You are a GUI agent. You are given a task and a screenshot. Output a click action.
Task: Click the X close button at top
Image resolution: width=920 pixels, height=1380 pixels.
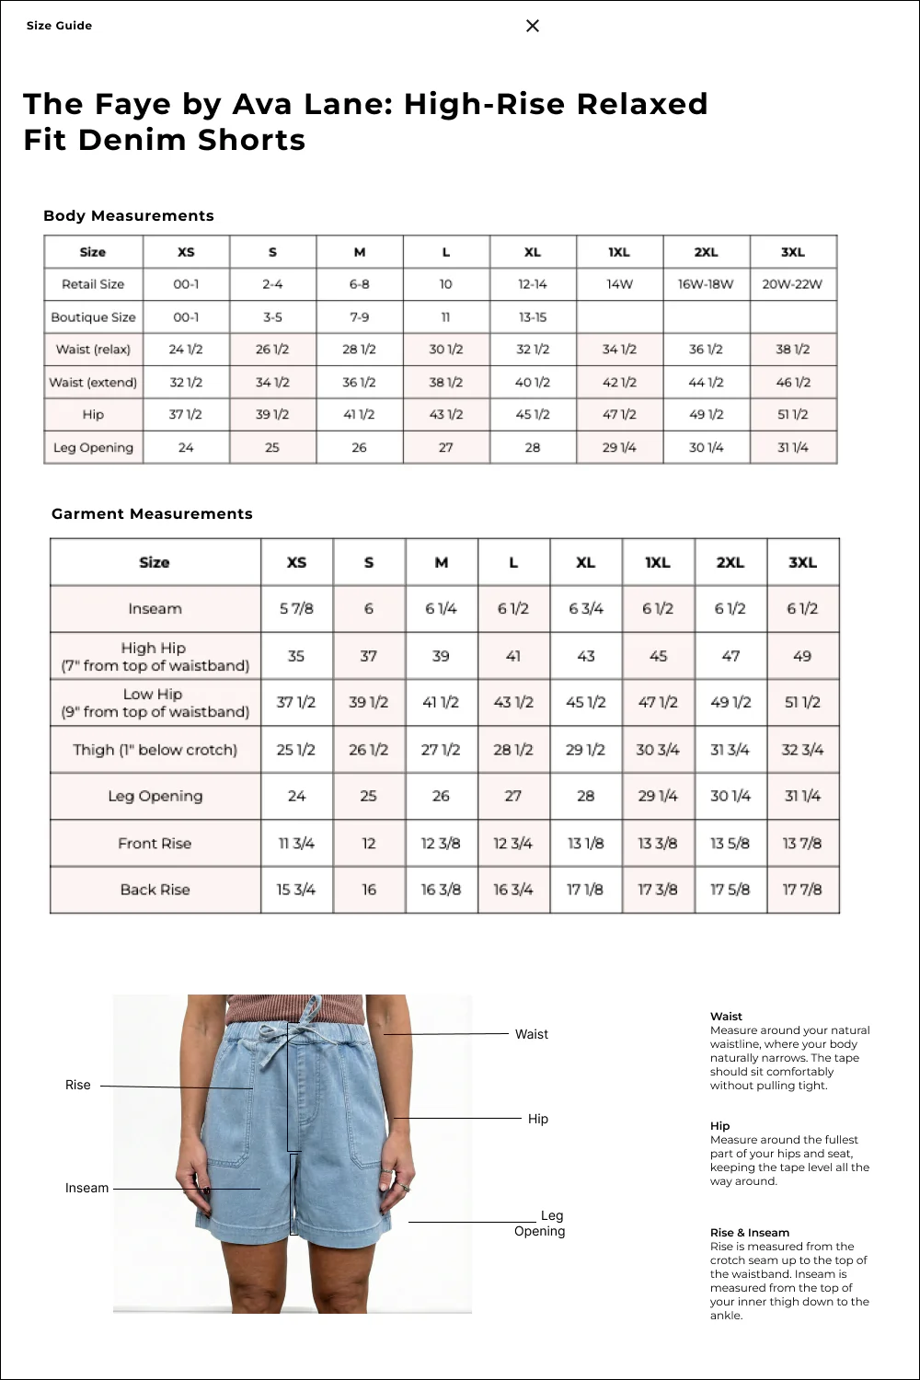click(533, 26)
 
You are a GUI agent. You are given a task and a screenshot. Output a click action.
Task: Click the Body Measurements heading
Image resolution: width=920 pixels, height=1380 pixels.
click(129, 215)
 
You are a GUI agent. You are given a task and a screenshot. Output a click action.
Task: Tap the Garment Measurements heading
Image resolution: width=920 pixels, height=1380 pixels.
click(152, 513)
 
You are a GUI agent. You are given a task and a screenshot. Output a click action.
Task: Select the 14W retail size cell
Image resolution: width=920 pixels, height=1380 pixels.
click(619, 284)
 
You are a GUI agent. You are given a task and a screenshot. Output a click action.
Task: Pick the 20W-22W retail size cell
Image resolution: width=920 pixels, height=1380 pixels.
click(792, 284)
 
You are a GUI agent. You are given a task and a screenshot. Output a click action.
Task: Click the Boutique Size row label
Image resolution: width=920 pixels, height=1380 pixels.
click(93, 317)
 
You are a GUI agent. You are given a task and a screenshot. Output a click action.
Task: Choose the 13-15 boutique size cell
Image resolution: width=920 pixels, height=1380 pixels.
click(533, 317)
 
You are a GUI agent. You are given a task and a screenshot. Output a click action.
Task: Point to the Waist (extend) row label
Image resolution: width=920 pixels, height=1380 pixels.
click(93, 383)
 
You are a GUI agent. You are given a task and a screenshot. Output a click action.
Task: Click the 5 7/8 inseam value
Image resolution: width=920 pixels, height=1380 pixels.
click(296, 609)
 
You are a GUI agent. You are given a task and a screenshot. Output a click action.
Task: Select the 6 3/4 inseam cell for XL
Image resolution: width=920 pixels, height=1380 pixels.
click(586, 609)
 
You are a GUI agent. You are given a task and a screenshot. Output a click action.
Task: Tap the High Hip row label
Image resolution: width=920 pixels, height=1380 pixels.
click(155, 656)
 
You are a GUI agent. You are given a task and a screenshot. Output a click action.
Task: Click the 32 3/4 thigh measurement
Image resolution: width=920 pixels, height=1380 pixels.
click(802, 750)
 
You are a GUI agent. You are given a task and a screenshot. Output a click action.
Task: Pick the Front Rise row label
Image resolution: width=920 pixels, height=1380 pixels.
click(155, 844)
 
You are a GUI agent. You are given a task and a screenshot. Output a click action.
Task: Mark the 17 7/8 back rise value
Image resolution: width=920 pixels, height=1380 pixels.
click(802, 890)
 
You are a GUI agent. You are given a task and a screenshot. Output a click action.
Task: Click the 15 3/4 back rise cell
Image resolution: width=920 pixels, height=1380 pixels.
click(296, 890)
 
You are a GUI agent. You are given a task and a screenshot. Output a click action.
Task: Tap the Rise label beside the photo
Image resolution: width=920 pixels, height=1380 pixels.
click(78, 1086)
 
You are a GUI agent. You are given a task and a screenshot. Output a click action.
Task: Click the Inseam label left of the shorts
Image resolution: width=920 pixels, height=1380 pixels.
click(86, 1189)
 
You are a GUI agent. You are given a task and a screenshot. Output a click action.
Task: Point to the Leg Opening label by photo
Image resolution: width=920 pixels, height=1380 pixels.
click(541, 1224)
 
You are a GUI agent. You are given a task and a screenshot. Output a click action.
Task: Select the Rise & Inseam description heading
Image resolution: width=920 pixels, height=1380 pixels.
click(749, 1233)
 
